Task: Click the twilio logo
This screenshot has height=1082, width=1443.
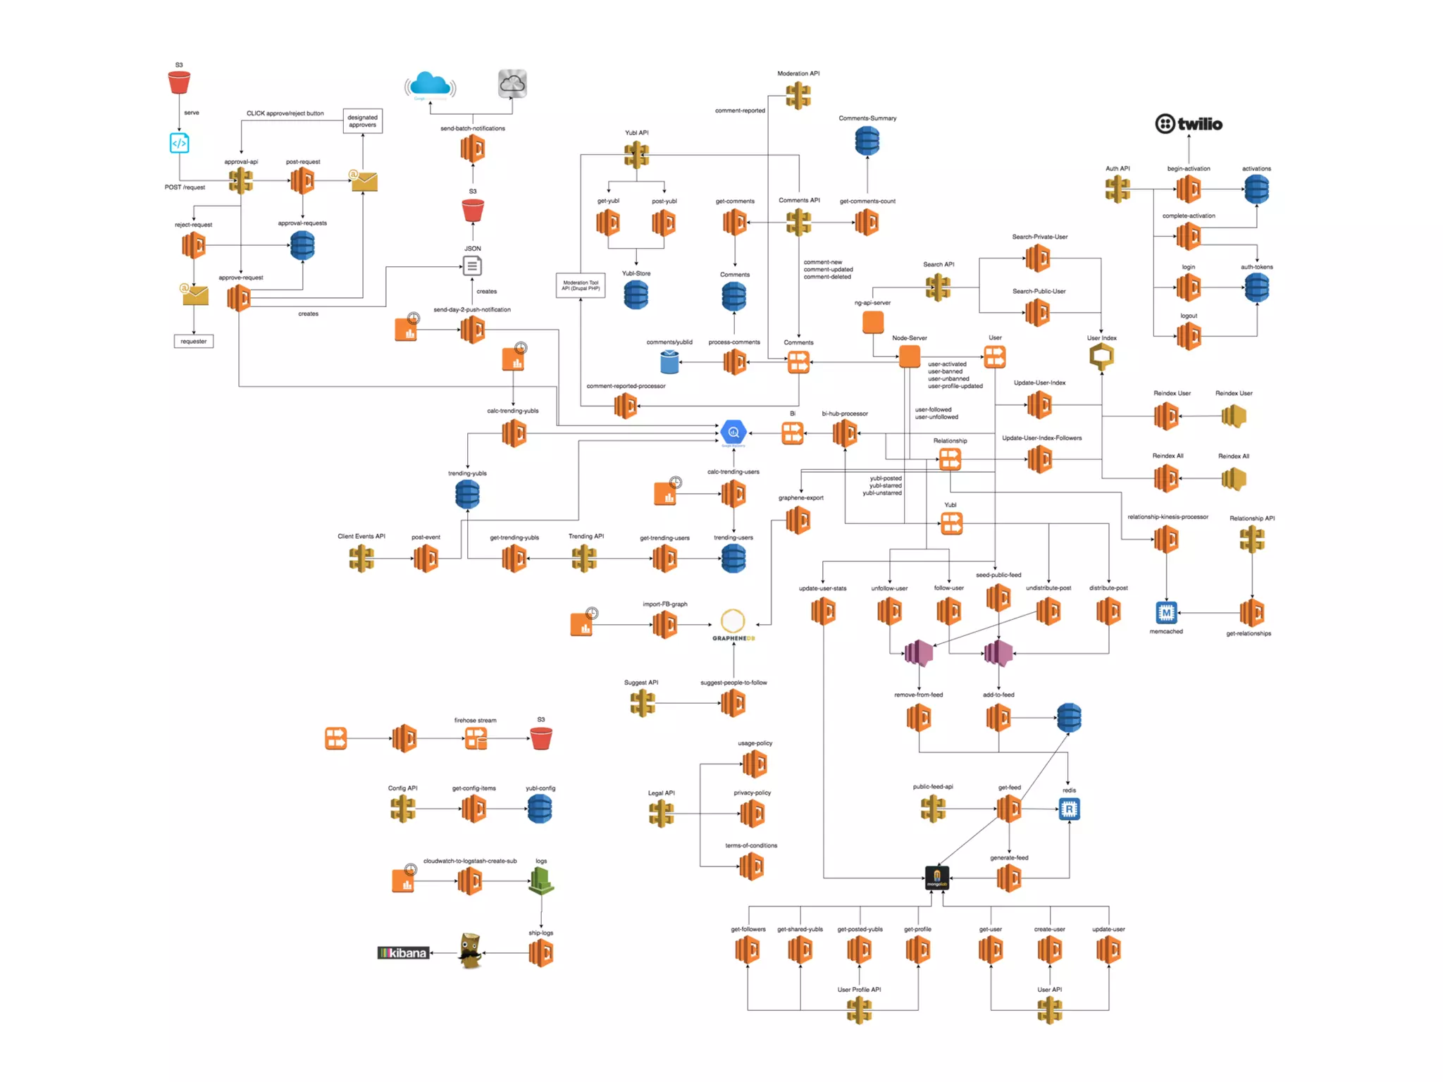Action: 1189,124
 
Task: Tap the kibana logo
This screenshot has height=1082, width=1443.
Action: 403,953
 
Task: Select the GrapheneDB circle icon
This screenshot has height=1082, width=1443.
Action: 733,621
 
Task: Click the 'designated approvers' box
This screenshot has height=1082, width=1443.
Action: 362,121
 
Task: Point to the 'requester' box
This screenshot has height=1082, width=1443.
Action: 193,342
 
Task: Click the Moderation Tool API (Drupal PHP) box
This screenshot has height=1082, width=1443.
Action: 580,285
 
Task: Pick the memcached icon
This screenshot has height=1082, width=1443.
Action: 1166,613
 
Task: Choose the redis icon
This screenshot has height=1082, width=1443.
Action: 1069,809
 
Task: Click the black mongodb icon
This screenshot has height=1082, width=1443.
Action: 936,878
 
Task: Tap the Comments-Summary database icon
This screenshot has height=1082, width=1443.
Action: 867,141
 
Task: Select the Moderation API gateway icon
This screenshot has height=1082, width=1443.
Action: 798,95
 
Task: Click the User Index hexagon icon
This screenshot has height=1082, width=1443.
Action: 1101,356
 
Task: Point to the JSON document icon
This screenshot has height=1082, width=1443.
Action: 472,266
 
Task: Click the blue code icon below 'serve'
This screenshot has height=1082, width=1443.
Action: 179,143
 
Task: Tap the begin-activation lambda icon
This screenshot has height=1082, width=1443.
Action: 1188,189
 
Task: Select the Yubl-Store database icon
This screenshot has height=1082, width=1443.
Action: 636,294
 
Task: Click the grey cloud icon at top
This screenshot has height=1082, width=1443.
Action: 512,84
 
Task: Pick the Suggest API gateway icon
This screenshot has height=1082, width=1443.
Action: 642,703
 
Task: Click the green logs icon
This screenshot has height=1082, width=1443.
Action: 540,881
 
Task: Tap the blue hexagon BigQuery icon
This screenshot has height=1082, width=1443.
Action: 733,432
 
